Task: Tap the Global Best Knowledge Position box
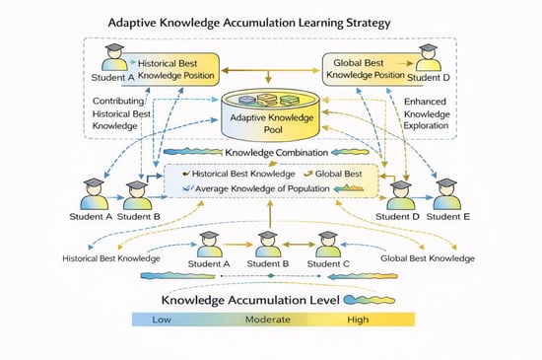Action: pyautogui.click(x=369, y=69)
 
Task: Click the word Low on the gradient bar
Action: pyautogui.click(x=162, y=320)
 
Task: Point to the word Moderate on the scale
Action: pyautogui.click(x=268, y=320)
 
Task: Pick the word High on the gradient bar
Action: pyautogui.click(x=358, y=320)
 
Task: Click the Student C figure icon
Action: pyautogui.click(x=328, y=245)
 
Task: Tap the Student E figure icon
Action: pyautogui.click(x=447, y=194)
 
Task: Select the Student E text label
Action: pyautogui.click(x=448, y=217)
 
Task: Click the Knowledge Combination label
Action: pyautogui.click(x=277, y=153)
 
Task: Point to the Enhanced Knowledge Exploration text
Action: pyautogui.click(x=427, y=113)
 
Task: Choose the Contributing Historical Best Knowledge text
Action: pyautogui.click(x=121, y=113)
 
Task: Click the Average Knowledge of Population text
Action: pyautogui.click(x=262, y=188)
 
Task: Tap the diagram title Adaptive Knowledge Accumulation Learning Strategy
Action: pyautogui.click(x=249, y=23)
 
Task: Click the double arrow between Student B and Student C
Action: pyautogui.click(x=299, y=245)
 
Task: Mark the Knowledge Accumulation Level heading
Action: pyautogui.click(x=250, y=300)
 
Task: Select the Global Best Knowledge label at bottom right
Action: pyautogui.click(x=428, y=258)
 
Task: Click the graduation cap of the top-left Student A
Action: pyautogui.click(x=114, y=47)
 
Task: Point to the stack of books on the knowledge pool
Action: pyautogui.click(x=267, y=100)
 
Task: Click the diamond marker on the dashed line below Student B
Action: pyautogui.click(x=271, y=276)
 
